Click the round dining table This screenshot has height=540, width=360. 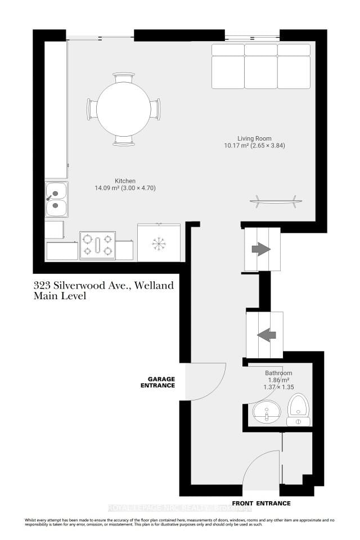(124, 109)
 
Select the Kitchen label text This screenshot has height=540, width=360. (125, 181)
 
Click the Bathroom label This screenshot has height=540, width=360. (278, 373)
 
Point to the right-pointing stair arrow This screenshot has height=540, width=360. (262, 249)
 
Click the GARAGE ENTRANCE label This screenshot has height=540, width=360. (158, 382)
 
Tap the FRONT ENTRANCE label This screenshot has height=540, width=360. (262, 503)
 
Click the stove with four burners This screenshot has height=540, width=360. (97, 245)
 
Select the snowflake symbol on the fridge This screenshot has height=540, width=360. (159, 244)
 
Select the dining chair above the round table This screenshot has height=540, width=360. (124, 77)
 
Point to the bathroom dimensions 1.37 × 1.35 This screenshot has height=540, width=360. (278, 387)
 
